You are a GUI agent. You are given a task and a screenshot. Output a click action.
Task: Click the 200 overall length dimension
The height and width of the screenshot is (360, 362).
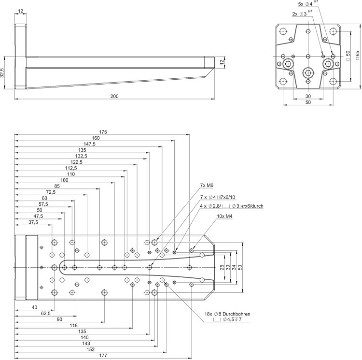(x=114, y=97)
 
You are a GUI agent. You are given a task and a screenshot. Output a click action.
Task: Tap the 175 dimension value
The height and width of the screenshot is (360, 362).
(x=102, y=132)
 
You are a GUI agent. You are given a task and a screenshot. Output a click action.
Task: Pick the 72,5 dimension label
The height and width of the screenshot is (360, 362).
(x=50, y=192)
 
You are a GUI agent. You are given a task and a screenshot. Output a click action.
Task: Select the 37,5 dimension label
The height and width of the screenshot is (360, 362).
(x=33, y=222)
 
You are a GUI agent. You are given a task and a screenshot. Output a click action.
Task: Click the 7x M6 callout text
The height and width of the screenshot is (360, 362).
(x=206, y=186)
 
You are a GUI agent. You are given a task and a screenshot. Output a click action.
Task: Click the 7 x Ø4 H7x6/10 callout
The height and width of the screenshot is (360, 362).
(x=218, y=197)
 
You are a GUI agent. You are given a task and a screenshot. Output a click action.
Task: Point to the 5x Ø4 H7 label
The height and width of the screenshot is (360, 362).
(x=306, y=4)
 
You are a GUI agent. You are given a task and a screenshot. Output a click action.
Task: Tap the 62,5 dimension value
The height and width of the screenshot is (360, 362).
(x=46, y=314)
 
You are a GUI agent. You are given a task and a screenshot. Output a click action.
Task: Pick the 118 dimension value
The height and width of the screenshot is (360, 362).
(x=73, y=326)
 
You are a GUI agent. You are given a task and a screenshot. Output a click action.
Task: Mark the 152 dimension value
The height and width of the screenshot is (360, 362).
(x=90, y=349)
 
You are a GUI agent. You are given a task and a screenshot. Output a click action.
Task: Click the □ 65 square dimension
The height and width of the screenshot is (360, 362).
(x=357, y=56)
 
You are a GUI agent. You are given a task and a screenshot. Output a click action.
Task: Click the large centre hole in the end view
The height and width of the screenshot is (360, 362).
(x=308, y=73)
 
